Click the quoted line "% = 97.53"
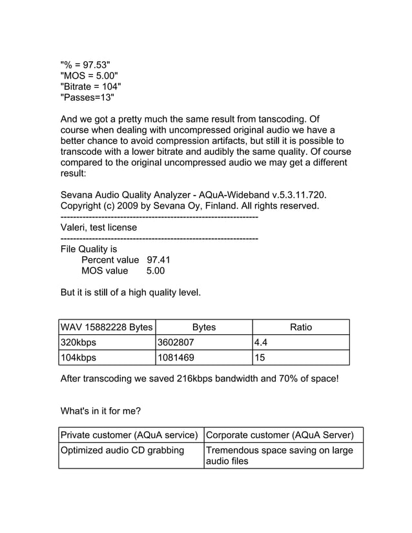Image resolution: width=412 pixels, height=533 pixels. pos(85,65)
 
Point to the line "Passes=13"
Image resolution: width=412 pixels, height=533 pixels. pos(87,98)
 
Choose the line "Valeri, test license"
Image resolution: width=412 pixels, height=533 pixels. pos(98,227)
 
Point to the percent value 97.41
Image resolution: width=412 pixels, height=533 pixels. pos(158,260)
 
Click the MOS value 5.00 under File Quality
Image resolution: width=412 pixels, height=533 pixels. pos(156,271)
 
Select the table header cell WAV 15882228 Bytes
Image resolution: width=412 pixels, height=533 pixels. pos(107,327)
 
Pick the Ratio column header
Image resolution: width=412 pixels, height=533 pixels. pos(301,327)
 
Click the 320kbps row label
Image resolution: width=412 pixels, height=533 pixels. pos(78,343)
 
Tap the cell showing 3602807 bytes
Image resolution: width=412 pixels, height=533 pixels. pos(176,343)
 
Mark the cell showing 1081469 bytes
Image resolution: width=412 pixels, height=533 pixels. pos(176,357)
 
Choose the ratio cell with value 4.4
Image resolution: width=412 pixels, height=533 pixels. pos(262,343)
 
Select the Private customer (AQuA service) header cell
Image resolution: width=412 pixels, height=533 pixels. pos(129,434)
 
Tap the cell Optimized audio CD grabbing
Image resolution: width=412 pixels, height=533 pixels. pos(122,450)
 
